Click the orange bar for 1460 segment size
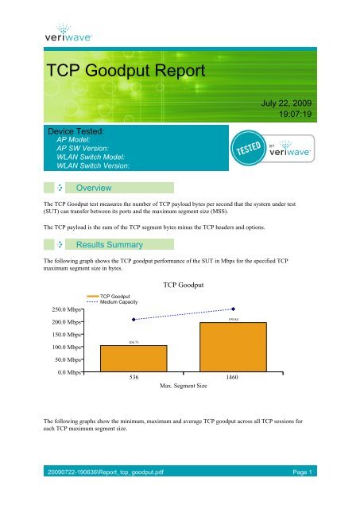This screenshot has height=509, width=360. point(233,347)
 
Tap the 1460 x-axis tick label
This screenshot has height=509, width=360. point(233,379)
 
